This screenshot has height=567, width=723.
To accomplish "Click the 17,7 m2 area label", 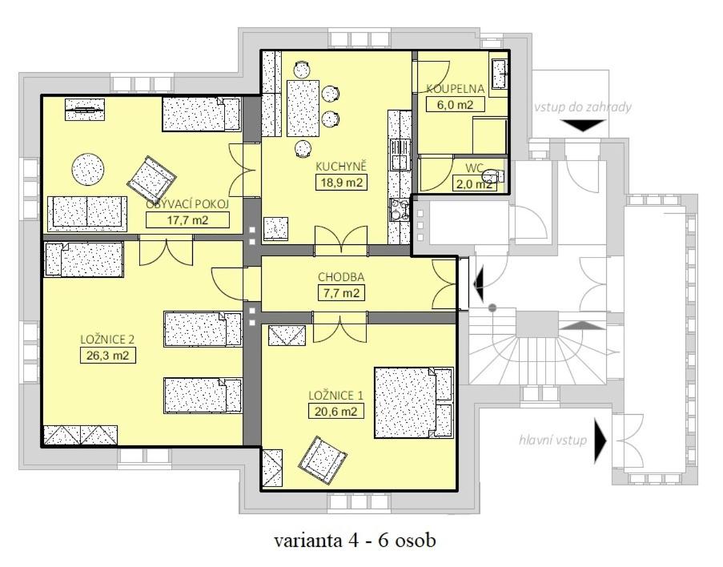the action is [x=187, y=220].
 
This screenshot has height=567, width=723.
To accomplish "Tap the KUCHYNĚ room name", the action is [x=341, y=166].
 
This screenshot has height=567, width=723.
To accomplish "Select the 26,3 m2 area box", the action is [x=108, y=356].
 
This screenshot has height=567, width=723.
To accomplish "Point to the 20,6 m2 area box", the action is [x=336, y=411].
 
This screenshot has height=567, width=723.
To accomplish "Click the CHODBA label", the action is [x=341, y=277].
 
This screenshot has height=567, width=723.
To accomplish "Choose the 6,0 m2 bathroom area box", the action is [x=455, y=104].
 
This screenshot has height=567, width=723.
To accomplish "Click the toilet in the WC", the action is [x=492, y=175].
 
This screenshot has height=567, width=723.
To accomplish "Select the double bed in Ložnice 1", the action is [x=414, y=402].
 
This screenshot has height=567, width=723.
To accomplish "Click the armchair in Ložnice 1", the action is [x=323, y=459].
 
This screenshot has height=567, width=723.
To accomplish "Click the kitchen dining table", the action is [x=303, y=108].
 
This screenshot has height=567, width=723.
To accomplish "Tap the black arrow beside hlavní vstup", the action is [x=600, y=441].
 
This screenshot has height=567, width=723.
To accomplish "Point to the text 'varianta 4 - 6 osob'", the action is [x=355, y=541].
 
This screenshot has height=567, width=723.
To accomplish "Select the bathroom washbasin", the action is [x=500, y=74].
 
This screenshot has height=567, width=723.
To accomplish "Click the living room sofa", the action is [x=87, y=213].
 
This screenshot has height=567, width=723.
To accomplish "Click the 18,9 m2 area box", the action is [x=341, y=183].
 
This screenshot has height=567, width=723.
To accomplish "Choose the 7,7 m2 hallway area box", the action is [x=341, y=293].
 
